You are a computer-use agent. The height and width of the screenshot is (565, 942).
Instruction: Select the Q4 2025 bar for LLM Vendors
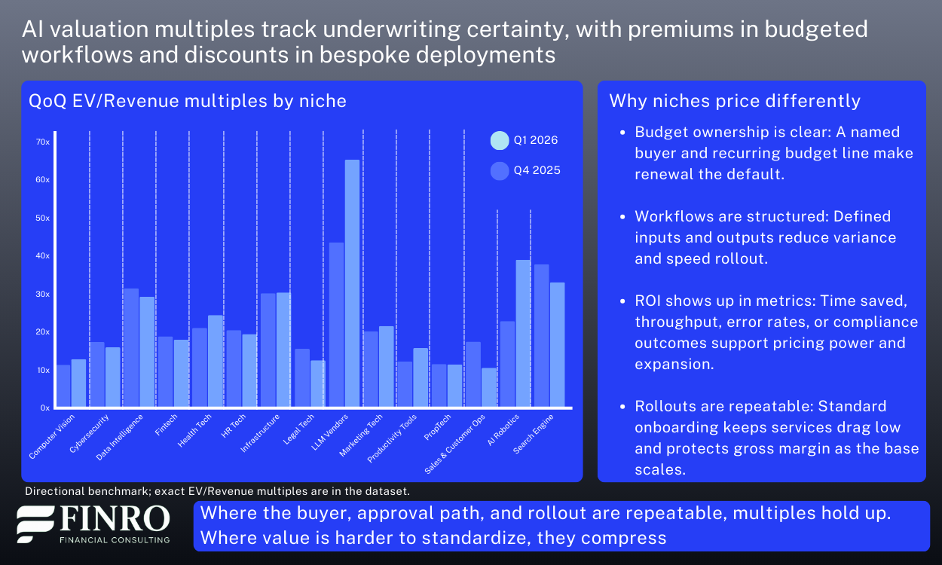pos(336,325)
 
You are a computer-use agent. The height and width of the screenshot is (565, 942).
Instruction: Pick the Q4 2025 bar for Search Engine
pos(540,336)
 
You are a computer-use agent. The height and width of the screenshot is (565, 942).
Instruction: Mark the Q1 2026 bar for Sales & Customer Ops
pos(489,388)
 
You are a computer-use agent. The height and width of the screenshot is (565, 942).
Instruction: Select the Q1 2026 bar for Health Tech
pos(216,362)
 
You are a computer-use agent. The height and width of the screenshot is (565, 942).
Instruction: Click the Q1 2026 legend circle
pos(500,140)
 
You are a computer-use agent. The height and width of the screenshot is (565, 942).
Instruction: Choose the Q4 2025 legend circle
pos(500,171)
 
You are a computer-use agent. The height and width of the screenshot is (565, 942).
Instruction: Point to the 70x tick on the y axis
pos(42,142)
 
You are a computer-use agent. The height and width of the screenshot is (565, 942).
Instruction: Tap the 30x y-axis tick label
pos(42,294)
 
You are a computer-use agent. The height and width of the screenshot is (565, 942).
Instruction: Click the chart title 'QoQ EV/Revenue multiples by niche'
pos(187,101)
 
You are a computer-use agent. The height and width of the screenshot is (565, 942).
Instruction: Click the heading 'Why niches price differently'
pos(735,101)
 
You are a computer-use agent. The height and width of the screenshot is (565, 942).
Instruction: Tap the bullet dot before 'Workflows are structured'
pos(622,217)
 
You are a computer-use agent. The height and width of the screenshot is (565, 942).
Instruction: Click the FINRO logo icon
pos(36,524)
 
